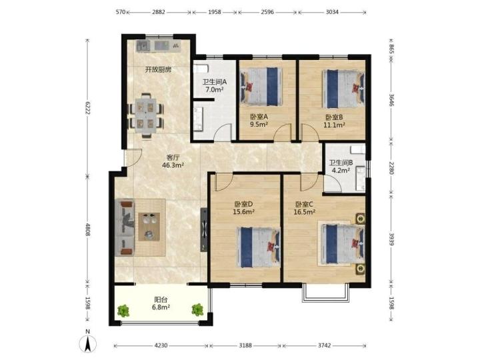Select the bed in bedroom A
261,87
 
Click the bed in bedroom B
343,89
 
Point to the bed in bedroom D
259,247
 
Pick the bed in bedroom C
343,244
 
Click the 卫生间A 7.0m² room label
214,86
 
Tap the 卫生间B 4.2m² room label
341,166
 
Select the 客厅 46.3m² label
173,161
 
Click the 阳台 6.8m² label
161,303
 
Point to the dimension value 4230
161,345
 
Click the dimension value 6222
87,108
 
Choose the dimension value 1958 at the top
214,12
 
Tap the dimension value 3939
391,239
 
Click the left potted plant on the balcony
123,311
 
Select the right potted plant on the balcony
197,309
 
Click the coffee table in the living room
149,227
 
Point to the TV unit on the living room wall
203,230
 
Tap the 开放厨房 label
158,69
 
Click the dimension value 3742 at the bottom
325,345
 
